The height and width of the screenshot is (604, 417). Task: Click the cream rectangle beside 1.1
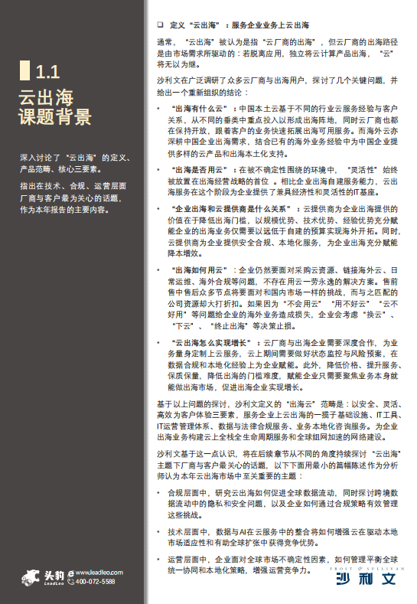coord(25,73)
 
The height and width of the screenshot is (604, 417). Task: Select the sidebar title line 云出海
coord(46,96)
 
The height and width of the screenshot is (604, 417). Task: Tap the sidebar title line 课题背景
coord(54,117)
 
